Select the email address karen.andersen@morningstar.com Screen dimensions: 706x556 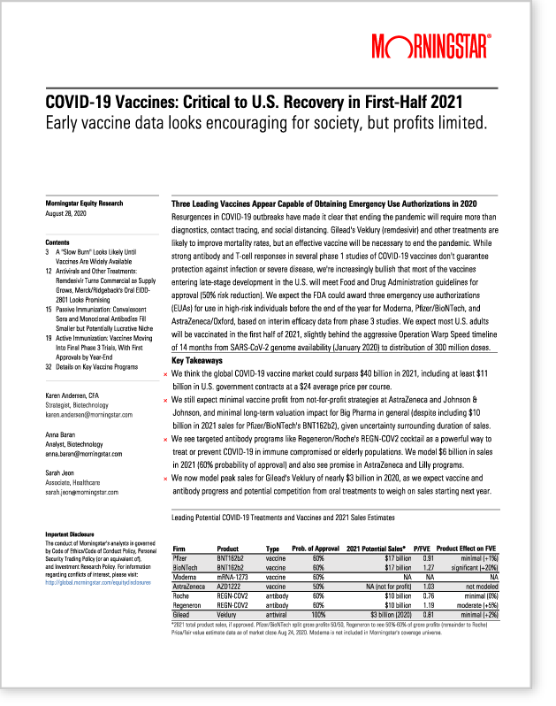coord(88,414)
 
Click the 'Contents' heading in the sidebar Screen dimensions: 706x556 coord(57,242)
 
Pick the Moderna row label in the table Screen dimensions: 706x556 coord(184,576)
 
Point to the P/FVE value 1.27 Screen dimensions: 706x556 coord(428,567)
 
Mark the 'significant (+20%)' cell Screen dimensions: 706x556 coord(477,567)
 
